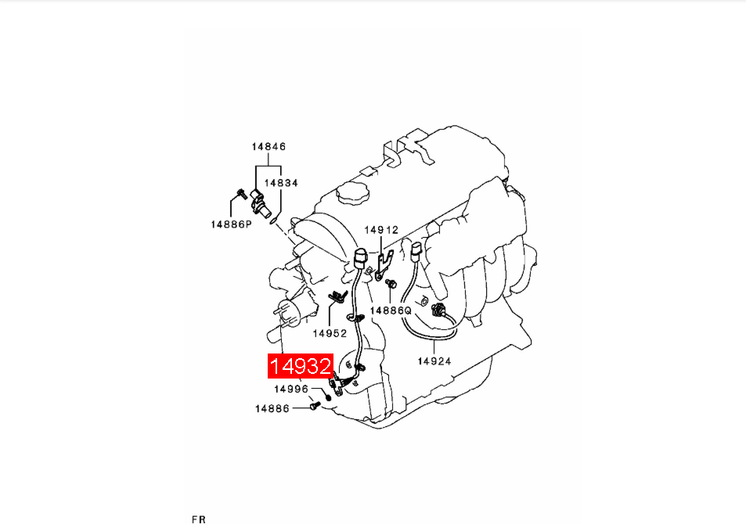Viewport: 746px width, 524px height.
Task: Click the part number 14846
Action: [268, 146]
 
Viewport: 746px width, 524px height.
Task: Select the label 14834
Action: [281, 182]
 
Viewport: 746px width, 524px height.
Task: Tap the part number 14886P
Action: [231, 224]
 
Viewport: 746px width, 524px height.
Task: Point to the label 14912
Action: [381, 230]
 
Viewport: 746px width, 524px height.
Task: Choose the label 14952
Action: [330, 333]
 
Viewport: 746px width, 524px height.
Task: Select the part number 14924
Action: [434, 361]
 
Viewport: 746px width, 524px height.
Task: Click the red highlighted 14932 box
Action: [301, 366]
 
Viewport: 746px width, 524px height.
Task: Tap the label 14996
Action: [291, 389]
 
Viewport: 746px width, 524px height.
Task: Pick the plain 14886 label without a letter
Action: [272, 408]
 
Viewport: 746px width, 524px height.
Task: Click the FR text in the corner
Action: [199, 519]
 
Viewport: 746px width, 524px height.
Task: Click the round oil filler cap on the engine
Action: [353, 193]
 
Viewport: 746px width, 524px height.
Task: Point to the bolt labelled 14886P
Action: [242, 193]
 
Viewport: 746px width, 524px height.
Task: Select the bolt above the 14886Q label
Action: [391, 283]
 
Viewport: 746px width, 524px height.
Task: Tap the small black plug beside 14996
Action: [328, 397]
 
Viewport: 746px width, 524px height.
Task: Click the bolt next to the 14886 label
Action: [314, 407]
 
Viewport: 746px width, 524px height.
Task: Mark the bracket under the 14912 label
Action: [384, 265]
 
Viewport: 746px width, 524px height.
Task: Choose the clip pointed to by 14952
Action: [338, 296]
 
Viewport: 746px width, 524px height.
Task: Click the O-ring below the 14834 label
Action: [273, 220]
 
